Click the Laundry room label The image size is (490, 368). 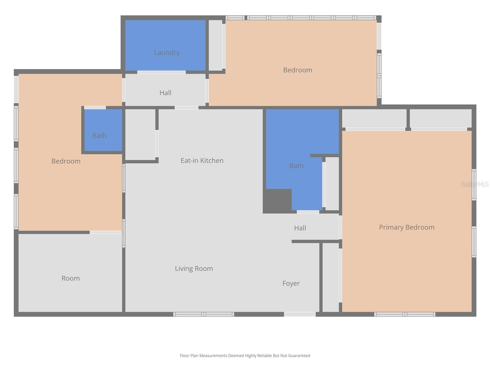(x=167, y=53)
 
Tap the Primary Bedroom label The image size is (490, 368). (x=406, y=227)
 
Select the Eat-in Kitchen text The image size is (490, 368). (x=202, y=160)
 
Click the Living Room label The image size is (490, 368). (x=194, y=268)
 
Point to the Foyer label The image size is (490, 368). (x=291, y=283)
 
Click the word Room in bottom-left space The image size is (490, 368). (x=70, y=278)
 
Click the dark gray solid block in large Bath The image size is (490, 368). (x=277, y=201)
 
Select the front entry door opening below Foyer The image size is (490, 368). (x=300, y=314)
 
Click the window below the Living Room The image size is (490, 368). (x=203, y=314)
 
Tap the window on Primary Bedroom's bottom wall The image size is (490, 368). (x=405, y=314)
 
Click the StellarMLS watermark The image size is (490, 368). (x=475, y=184)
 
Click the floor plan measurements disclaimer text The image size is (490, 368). (x=245, y=356)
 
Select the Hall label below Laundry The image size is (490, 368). (x=165, y=93)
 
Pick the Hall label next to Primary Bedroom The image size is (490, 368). (x=300, y=228)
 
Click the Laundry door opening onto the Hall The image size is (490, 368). (x=161, y=72)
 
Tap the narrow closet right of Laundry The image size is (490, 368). (x=216, y=45)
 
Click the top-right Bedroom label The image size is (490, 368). (x=297, y=70)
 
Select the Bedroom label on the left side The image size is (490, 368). (x=66, y=161)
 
